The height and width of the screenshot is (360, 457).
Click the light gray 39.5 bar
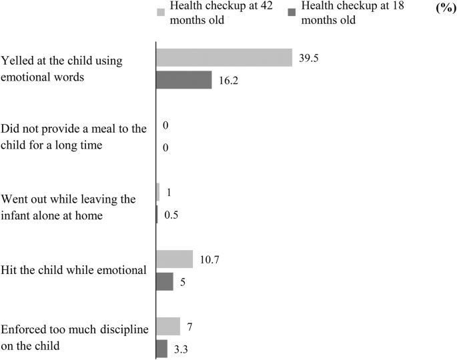pyautogui.click(x=223, y=57)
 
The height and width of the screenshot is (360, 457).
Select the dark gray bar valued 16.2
pyautogui.click(x=183, y=80)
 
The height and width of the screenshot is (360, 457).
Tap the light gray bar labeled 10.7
pyautogui.click(x=174, y=259)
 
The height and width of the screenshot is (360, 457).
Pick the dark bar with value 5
pyautogui.click(x=164, y=281)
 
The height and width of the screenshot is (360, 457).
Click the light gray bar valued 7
pyautogui.click(x=167, y=327)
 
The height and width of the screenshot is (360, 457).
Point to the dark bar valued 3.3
pyautogui.click(x=161, y=349)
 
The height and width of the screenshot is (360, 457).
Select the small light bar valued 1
pyautogui.click(x=157, y=192)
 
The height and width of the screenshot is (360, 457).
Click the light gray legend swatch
pyautogui.click(x=160, y=12)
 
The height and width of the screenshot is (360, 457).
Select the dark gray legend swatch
pyautogui.click(x=292, y=12)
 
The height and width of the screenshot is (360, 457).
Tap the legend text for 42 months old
pyautogui.click(x=210, y=13)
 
